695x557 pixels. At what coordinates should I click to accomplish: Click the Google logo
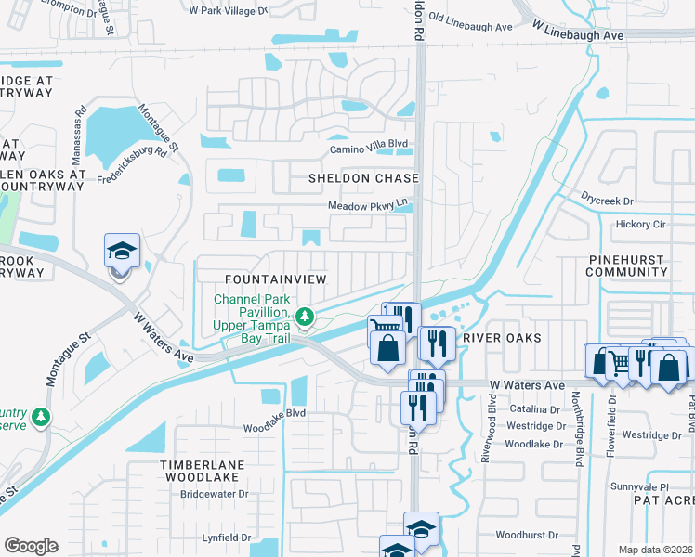[x=31, y=546]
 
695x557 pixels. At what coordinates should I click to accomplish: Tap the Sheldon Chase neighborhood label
[x=364, y=178]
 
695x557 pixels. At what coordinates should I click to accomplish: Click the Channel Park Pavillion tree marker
[x=304, y=318]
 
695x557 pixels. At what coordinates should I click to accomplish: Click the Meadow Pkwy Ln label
[x=367, y=205]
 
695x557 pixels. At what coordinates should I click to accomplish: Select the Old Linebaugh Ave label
[x=470, y=28]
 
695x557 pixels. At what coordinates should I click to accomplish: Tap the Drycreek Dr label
[x=607, y=201]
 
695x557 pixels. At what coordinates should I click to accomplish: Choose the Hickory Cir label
[x=641, y=225]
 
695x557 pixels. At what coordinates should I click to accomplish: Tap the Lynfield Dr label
[x=227, y=538]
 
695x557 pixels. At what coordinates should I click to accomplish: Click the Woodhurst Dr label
[x=526, y=536]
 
